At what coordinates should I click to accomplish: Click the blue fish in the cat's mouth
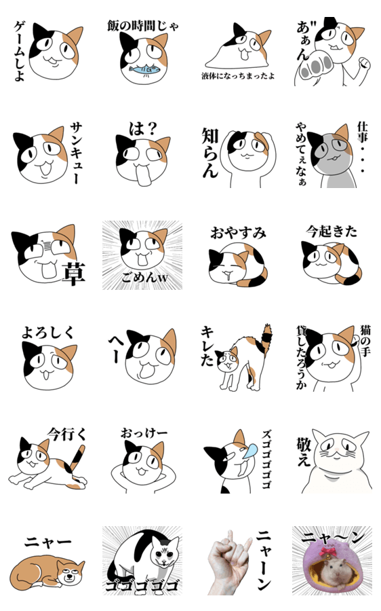[144, 70]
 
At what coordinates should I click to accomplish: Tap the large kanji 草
[73, 274]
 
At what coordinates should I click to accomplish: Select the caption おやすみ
[238, 233]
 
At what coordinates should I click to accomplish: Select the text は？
[143, 128]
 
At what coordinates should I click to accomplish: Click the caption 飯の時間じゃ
[143, 26]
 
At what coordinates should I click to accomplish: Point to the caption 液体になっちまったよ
[238, 76]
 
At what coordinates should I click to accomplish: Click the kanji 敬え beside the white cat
[304, 451]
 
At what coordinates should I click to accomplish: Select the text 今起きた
[332, 232]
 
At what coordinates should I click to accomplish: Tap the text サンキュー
[77, 153]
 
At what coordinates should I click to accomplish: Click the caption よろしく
[47, 332]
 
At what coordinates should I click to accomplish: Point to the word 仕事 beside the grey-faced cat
[362, 132]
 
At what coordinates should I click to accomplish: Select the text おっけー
[144, 433]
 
